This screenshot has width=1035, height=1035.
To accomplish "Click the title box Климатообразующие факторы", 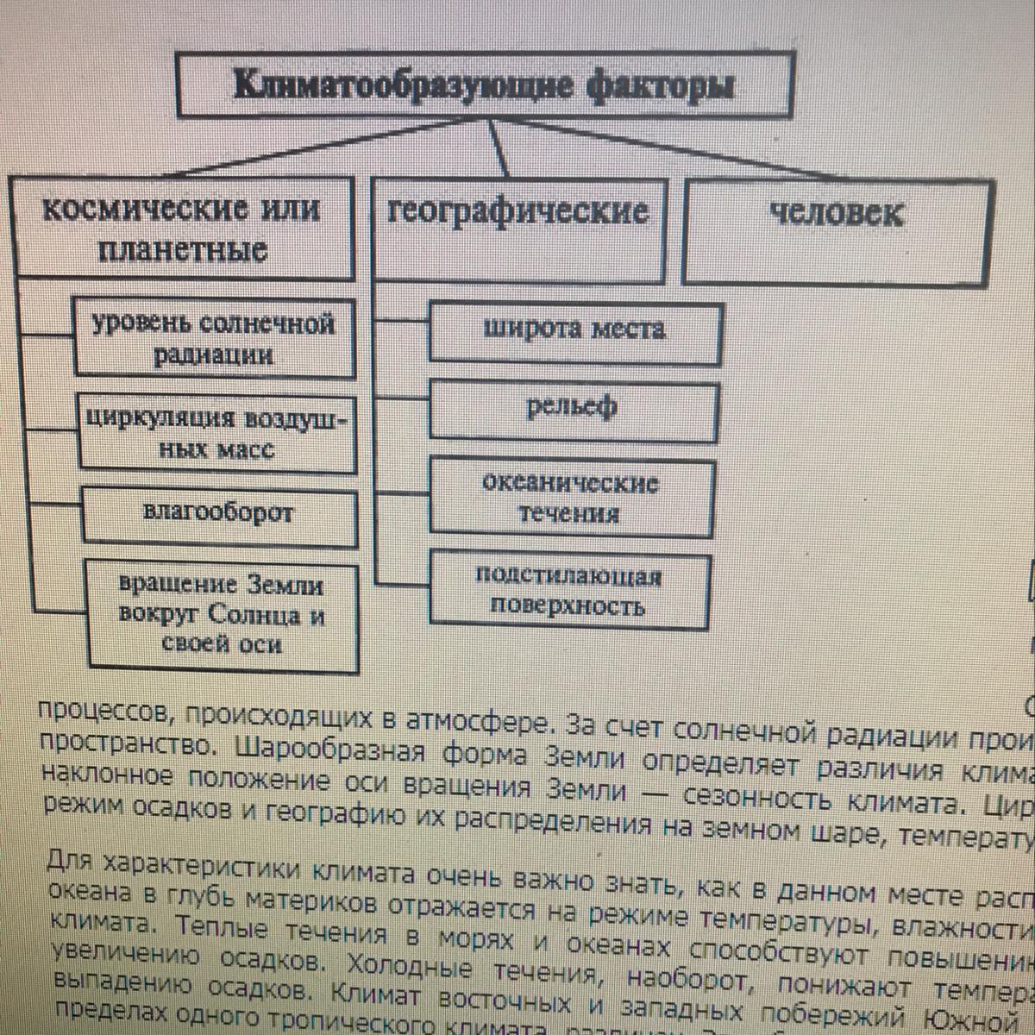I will tap(485, 85).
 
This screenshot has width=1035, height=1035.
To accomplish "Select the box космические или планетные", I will tap(182, 229).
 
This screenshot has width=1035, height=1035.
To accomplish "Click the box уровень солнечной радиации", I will tap(214, 339).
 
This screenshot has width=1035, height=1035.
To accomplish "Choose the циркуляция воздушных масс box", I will tap(217, 434).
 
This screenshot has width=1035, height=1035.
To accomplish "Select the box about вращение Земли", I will tap(223, 615).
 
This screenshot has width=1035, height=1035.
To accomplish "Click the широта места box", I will tap(574, 331).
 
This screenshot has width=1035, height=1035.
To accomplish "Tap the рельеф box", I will tap(573, 411).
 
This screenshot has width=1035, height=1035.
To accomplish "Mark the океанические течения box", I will tap(571, 499).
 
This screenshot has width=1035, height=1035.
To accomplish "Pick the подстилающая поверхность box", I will tap(568, 592).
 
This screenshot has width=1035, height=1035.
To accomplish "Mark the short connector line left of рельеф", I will tap(402, 399).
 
